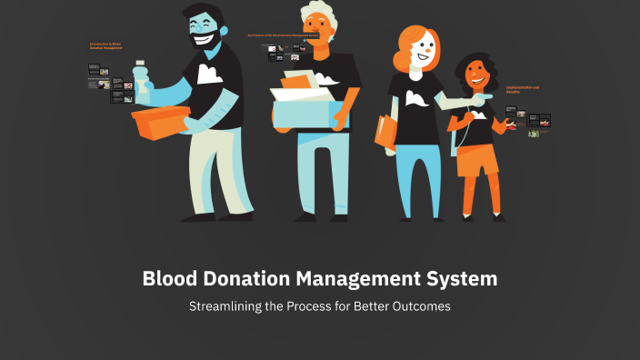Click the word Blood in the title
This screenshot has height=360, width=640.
tap(170, 279)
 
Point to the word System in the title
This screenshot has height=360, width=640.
tap(467, 279)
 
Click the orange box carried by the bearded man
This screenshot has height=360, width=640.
tap(162, 125)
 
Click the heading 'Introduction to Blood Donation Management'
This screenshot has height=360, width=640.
tap(106, 45)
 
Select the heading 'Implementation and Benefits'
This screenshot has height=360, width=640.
tap(523, 89)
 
